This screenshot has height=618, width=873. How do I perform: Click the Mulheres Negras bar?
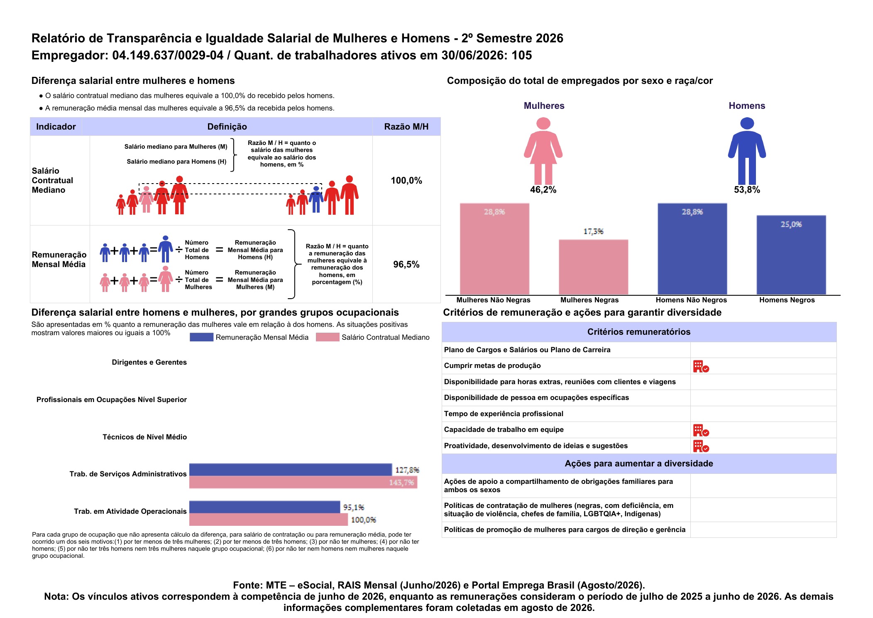pyautogui.click(x=593, y=267)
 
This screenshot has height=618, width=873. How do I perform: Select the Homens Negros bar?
pyautogui.click(x=791, y=255)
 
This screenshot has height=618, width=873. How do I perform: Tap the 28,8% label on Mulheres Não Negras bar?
pyautogui.click(x=494, y=212)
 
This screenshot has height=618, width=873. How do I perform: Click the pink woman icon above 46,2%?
pyautogui.click(x=543, y=151)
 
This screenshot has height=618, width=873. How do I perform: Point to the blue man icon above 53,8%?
pyautogui.click(x=747, y=151)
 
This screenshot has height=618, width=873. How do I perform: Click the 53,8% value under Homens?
pyautogui.click(x=747, y=190)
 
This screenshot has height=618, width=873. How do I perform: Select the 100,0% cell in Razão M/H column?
pyautogui.click(x=406, y=181)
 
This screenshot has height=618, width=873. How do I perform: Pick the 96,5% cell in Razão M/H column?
pyautogui.click(x=406, y=265)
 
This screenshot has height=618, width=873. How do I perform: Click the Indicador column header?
pyautogui.click(x=56, y=127)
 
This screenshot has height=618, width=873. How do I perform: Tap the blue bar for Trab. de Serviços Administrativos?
pyautogui.click(x=291, y=470)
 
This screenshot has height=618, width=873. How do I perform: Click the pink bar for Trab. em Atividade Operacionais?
pyautogui.click(x=269, y=520)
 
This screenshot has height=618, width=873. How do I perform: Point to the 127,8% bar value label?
pyautogui.click(x=407, y=470)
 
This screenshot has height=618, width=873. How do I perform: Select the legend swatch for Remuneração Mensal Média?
pyautogui.click(x=201, y=337)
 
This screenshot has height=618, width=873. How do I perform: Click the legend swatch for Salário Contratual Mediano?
pyautogui.click(x=328, y=337)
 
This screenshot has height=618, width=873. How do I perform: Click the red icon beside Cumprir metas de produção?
pyautogui.click(x=701, y=366)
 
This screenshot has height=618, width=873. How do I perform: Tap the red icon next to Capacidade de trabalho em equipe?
pyautogui.click(x=701, y=430)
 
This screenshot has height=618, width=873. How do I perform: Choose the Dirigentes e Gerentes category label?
pyautogui.click(x=149, y=362)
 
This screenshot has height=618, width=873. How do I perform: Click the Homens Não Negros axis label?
pyautogui.click(x=691, y=300)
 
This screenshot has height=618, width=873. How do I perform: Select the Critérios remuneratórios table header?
pyautogui.click(x=639, y=332)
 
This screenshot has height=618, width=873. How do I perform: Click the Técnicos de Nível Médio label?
pyautogui.click(x=144, y=437)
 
